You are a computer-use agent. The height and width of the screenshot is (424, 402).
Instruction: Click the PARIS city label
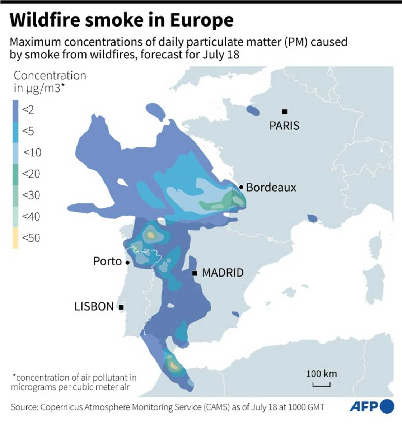(284, 126)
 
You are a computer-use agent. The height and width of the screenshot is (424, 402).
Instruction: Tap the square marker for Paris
(285, 112)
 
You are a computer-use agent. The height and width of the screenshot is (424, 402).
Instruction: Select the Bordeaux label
(271, 187)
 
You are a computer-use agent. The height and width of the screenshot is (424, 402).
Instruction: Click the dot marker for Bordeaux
(241, 187)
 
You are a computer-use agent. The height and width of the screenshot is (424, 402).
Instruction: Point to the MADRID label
(223, 273)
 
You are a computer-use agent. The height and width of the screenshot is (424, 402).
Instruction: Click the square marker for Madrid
(195, 273)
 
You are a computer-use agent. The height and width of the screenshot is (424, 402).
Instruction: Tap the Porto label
(107, 261)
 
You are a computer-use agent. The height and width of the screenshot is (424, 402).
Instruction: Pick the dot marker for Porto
(127, 263)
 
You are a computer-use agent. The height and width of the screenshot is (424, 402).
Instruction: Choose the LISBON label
(94, 307)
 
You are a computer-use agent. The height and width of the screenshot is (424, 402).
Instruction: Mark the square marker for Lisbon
(121, 307)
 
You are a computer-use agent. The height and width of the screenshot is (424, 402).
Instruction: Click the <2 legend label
(28, 110)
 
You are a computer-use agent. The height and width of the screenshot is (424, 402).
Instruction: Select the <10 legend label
(32, 152)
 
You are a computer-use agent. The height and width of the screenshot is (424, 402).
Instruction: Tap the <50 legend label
(31, 238)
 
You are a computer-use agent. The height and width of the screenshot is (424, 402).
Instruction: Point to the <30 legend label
(31, 195)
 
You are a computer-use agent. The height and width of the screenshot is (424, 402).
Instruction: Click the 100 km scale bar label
(321, 374)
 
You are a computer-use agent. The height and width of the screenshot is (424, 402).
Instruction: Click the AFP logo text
(364, 407)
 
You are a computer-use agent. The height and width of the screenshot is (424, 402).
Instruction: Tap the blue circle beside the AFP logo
(387, 406)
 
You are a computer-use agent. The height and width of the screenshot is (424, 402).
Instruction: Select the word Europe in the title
(202, 20)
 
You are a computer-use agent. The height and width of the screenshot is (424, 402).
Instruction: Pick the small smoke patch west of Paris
(253, 111)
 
